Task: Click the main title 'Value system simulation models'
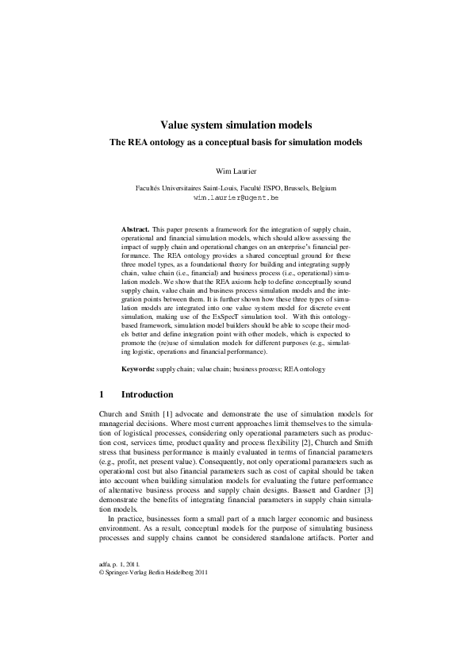pyautogui.click(x=236, y=125)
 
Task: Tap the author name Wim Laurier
pyautogui.click(x=236, y=171)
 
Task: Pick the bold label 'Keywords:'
pyautogui.click(x=138, y=370)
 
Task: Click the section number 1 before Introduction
pyautogui.click(x=102, y=394)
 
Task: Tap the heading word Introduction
pyautogui.click(x=147, y=394)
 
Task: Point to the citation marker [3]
pyautogui.click(x=369, y=470)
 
